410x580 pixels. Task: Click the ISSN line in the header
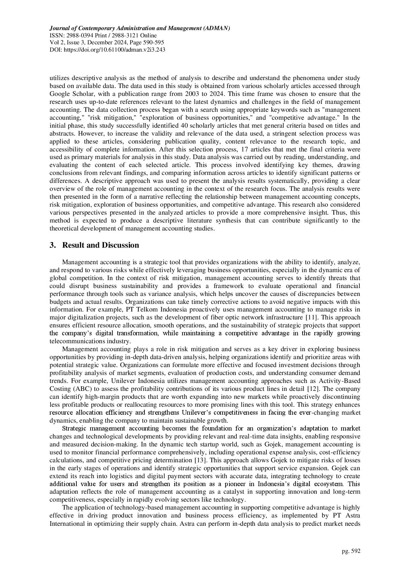point(103,36)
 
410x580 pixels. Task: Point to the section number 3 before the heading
point(52,245)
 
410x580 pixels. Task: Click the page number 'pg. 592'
point(351,551)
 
